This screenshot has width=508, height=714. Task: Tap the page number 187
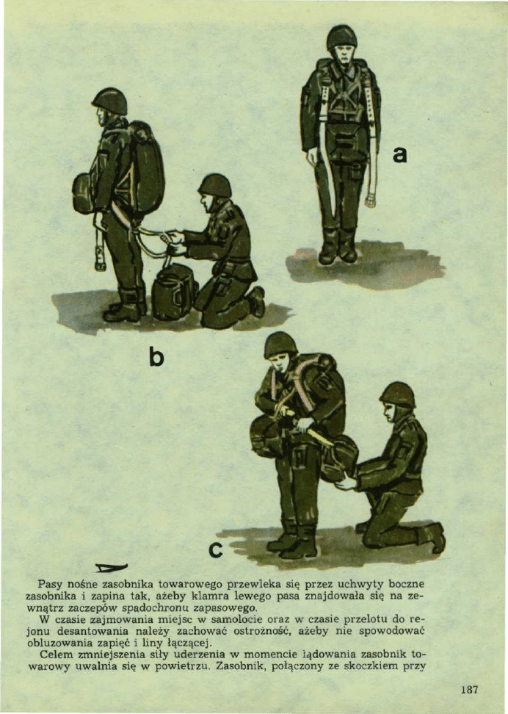click(469, 690)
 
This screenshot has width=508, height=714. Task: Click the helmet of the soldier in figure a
click(342, 37)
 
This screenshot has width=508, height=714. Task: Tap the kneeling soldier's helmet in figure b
click(215, 185)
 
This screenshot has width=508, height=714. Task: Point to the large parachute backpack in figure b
click(145, 167)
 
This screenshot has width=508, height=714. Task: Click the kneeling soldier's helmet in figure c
click(398, 394)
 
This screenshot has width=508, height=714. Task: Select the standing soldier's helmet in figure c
click(280, 345)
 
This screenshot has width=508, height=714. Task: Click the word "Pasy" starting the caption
click(47, 584)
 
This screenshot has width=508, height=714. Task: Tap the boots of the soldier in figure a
click(338, 246)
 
